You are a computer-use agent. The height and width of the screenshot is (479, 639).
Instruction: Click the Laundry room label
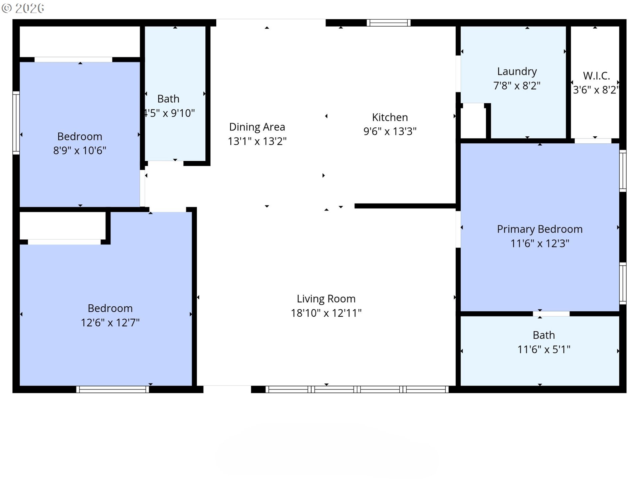tap(517, 72)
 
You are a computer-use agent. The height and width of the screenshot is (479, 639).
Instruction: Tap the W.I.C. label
tap(596, 76)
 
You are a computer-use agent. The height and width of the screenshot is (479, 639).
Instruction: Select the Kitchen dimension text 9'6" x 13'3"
tap(390, 131)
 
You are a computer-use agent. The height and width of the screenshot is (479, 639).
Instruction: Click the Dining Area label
tap(257, 127)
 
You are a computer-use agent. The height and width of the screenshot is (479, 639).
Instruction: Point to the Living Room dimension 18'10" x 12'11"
tap(326, 313)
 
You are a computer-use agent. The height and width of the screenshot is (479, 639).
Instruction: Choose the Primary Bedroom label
tap(539, 229)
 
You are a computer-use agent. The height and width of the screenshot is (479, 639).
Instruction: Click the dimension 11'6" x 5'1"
tap(544, 350)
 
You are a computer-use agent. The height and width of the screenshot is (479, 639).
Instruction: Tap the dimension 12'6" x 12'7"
tap(110, 323)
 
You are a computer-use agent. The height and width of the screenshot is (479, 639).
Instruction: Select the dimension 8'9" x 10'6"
tap(80, 151)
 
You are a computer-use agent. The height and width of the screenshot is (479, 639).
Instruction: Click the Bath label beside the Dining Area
tap(168, 99)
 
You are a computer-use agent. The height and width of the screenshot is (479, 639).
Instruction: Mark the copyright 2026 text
tap(23, 8)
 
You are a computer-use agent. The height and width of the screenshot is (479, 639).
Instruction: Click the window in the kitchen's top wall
tap(388, 23)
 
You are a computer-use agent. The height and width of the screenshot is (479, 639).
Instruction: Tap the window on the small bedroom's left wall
tap(16, 123)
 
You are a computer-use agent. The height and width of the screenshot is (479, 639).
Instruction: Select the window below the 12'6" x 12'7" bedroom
tap(112, 389)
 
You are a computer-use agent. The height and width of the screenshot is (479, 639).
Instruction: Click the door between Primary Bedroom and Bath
tap(551, 314)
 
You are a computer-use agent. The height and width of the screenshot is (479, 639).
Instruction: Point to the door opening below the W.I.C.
tap(593, 141)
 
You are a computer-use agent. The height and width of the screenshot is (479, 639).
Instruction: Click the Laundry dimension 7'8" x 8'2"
tap(517, 86)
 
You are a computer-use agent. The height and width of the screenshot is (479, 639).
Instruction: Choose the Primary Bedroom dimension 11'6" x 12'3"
tap(540, 243)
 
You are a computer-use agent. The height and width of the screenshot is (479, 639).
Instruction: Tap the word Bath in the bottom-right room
tap(544, 335)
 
